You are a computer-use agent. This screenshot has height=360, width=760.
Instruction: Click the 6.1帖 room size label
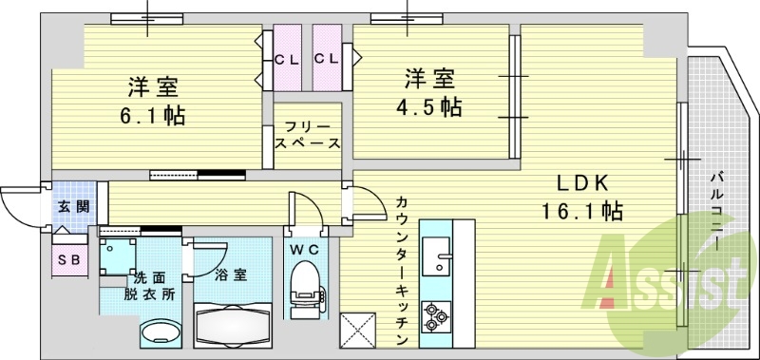(152, 116)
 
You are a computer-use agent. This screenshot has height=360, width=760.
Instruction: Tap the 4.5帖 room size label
(429, 105)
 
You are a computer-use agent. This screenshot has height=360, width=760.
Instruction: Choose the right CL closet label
(326, 59)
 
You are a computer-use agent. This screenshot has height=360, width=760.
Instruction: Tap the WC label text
(307, 249)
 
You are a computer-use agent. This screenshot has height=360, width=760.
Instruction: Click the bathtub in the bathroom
(233, 325)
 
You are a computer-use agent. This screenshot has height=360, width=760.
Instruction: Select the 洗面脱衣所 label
(154, 285)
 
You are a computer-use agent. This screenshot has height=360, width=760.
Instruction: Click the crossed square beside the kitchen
(363, 331)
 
